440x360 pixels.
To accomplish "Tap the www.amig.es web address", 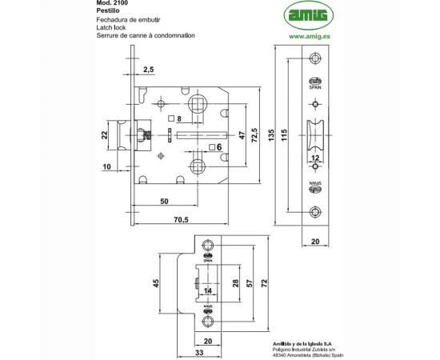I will (306, 35).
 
